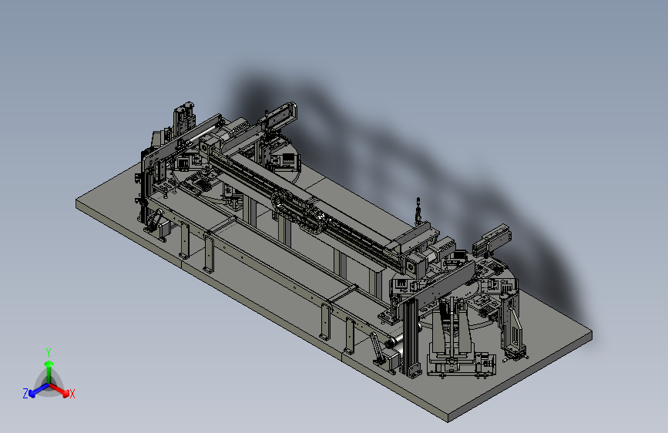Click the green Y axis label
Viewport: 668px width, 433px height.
tap(49, 353)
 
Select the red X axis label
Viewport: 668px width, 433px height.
tap(72, 394)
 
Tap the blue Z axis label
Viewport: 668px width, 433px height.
tap(25, 394)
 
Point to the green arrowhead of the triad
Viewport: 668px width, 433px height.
tap(49, 364)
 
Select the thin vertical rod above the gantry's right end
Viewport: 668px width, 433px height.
tap(418, 210)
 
